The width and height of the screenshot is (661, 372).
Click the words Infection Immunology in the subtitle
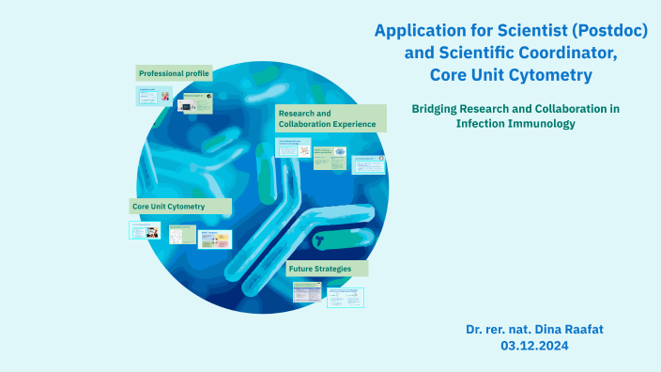tap(515, 123)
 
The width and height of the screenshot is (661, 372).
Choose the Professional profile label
tap(174, 73)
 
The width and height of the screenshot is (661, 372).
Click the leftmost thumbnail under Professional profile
tap(153, 96)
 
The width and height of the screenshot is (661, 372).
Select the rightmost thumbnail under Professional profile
tap(197, 102)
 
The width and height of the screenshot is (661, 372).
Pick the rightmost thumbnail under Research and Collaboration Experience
tap(368, 164)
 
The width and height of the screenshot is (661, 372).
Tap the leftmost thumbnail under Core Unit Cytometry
tap(145, 230)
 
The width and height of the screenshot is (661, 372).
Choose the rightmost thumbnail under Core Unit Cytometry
tap(214, 239)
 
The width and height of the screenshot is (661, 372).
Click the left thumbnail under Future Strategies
tap(307, 293)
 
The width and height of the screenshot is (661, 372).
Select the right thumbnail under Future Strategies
tap(346, 297)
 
